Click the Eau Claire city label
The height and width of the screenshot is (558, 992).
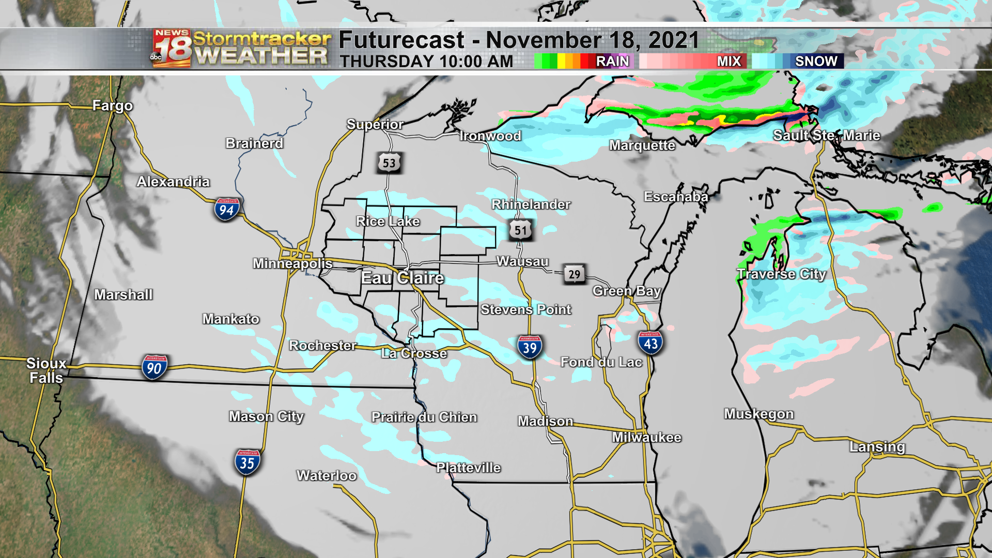coord(402,278)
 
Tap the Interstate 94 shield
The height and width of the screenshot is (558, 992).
coord(226,209)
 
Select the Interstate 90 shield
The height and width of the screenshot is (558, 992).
coord(154,367)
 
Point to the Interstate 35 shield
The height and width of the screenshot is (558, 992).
coord(247,462)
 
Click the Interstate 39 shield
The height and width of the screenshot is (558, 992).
coord(530,347)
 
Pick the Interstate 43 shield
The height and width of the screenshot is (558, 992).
coord(650,343)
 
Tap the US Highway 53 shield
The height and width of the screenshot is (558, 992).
coord(389,163)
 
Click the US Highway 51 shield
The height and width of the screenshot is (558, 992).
coord(520,230)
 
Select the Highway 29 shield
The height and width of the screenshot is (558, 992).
coord(574,274)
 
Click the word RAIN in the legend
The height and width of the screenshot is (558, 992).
coord(612,61)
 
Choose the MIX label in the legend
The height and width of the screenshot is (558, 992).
coord(729,61)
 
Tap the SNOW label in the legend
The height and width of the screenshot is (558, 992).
coord(816,61)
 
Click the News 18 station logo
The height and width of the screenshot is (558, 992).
coord(172,49)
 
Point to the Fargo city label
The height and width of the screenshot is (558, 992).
coord(113,106)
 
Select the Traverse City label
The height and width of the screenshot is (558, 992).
coord(781,274)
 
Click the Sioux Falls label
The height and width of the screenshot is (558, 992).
coord(46,370)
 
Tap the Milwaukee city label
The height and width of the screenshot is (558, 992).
coord(646,438)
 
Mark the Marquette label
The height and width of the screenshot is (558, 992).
coord(642,145)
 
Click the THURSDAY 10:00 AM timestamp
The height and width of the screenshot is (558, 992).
coord(426,61)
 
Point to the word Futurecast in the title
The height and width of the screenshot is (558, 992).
coord(401,40)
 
